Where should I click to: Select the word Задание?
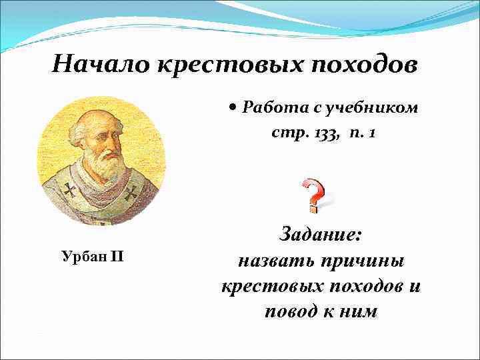pyautogui.click(x=321, y=235)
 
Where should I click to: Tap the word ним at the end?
pyautogui.click(x=361, y=311)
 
